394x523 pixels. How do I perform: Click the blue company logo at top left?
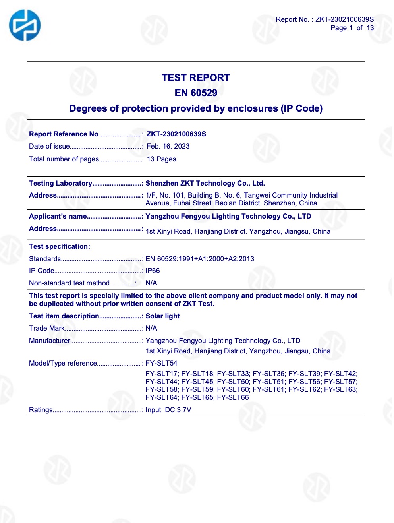tap(25, 25)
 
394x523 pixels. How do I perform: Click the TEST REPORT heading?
tap(195, 78)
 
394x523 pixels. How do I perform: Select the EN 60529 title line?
tap(196, 93)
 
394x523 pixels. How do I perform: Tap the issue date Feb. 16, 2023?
tap(168, 146)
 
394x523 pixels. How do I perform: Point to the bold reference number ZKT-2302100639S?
tap(176, 134)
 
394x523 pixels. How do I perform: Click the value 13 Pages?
tap(161, 159)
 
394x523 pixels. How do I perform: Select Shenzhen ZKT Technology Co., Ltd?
tap(205, 183)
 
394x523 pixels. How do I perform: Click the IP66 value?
tap(153, 271)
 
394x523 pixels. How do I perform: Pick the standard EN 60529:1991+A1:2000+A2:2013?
tap(200, 259)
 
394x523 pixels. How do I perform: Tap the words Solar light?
tap(162, 316)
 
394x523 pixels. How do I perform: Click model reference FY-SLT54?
tap(161, 363)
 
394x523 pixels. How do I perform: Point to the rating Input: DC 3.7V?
tap(168, 410)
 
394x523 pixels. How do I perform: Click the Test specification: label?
tap(60, 246)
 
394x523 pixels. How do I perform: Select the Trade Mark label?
tap(46, 328)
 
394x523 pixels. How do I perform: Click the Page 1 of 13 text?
tap(352, 28)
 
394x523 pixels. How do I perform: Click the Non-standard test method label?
tap(69, 283)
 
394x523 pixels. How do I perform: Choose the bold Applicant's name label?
tap(58, 216)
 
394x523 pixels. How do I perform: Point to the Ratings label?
tap(41, 410)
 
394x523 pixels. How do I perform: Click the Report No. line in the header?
tap(324, 19)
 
